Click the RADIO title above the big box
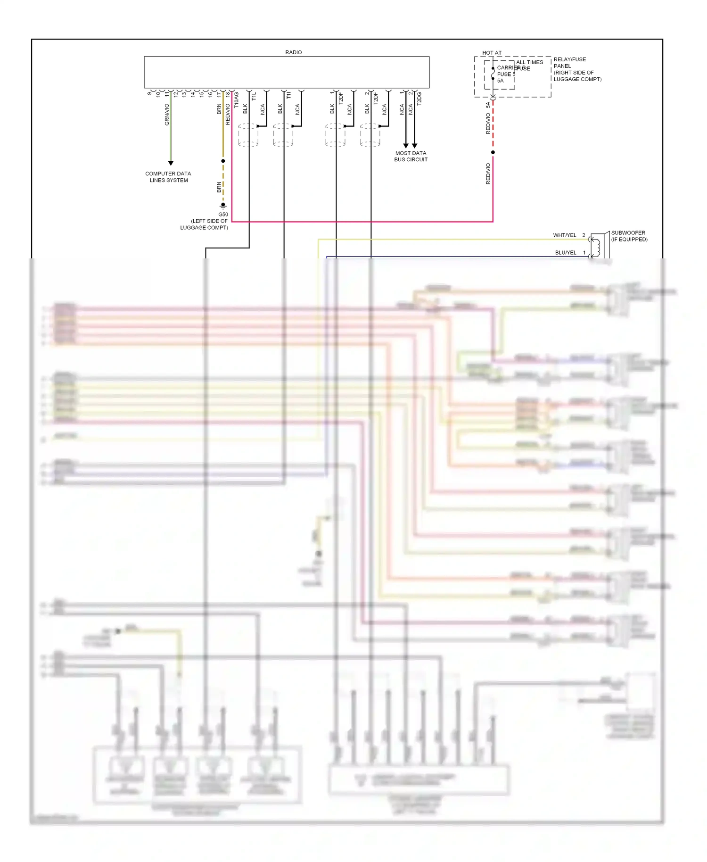pyautogui.click(x=293, y=52)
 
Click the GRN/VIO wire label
pyautogui.click(x=167, y=115)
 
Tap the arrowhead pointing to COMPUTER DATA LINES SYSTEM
pyautogui.click(x=171, y=163)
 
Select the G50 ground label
pyautogui.click(x=223, y=215)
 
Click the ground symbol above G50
pyautogui.click(x=223, y=206)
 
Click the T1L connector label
pyautogui.click(x=254, y=96)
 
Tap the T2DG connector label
pyautogui.click(x=419, y=99)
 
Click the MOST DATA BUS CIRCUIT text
pyautogui.click(x=411, y=157)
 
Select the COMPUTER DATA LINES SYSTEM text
pyautogui.click(x=168, y=177)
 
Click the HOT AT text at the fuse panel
pyautogui.click(x=492, y=53)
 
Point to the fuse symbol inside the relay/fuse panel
pyautogui.click(x=493, y=74)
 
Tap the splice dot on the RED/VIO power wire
pyautogui.click(x=493, y=152)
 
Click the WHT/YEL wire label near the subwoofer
pyautogui.click(x=564, y=235)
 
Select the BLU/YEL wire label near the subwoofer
pyautogui.click(x=566, y=253)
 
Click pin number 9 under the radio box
pyautogui.click(x=149, y=93)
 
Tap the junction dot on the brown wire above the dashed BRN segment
pyautogui.click(x=223, y=161)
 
